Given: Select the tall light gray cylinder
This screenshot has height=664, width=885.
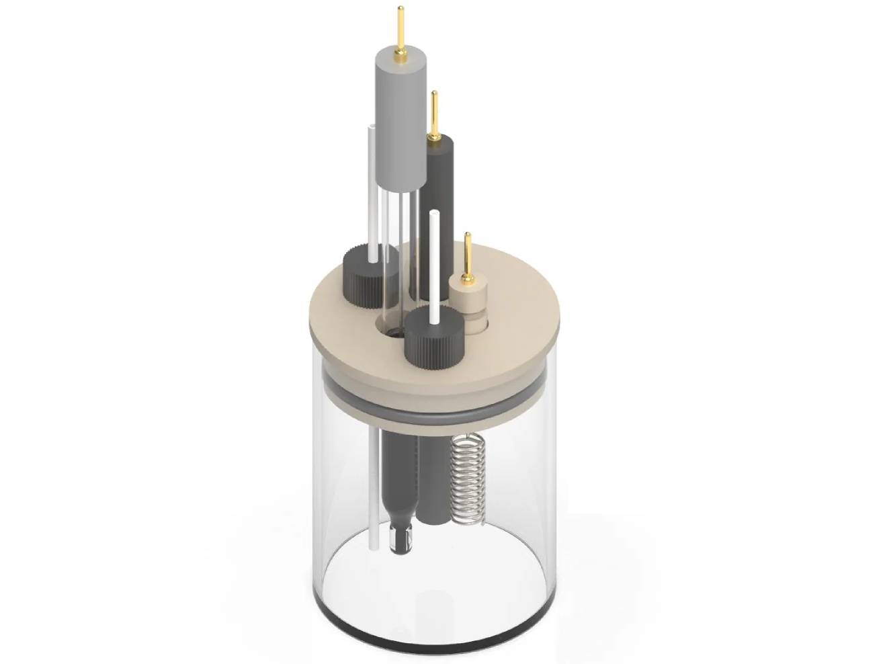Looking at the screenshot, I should point(401,121).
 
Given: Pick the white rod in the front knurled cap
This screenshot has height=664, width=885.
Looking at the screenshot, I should point(434,269).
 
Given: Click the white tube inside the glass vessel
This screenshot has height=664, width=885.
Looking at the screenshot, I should point(372,491).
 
